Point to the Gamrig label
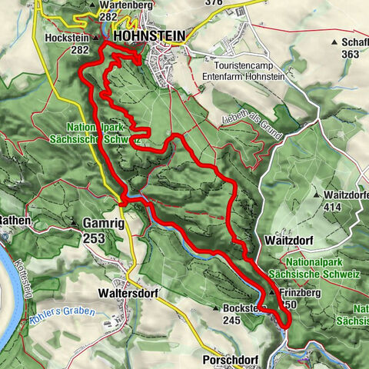[101, 224]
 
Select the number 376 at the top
[217, 3]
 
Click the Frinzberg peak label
[298, 291]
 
